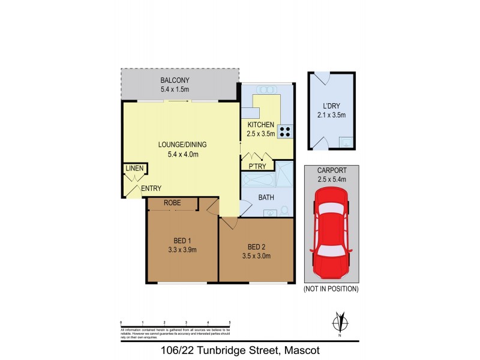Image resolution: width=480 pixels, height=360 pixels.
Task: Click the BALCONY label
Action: click(175, 81)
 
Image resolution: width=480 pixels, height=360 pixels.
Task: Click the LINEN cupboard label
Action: click(134, 169)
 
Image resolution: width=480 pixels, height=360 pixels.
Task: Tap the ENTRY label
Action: click(151, 188)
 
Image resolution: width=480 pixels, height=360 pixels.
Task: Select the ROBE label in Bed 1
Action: click(172, 203)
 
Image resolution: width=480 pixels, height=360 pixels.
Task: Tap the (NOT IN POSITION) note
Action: click(331, 289)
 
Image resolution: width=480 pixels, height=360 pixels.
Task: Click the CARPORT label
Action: click(331, 170)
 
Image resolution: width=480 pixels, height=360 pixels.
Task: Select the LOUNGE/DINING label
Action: click(178, 145)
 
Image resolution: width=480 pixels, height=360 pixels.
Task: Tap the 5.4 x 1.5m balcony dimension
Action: click(175, 90)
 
